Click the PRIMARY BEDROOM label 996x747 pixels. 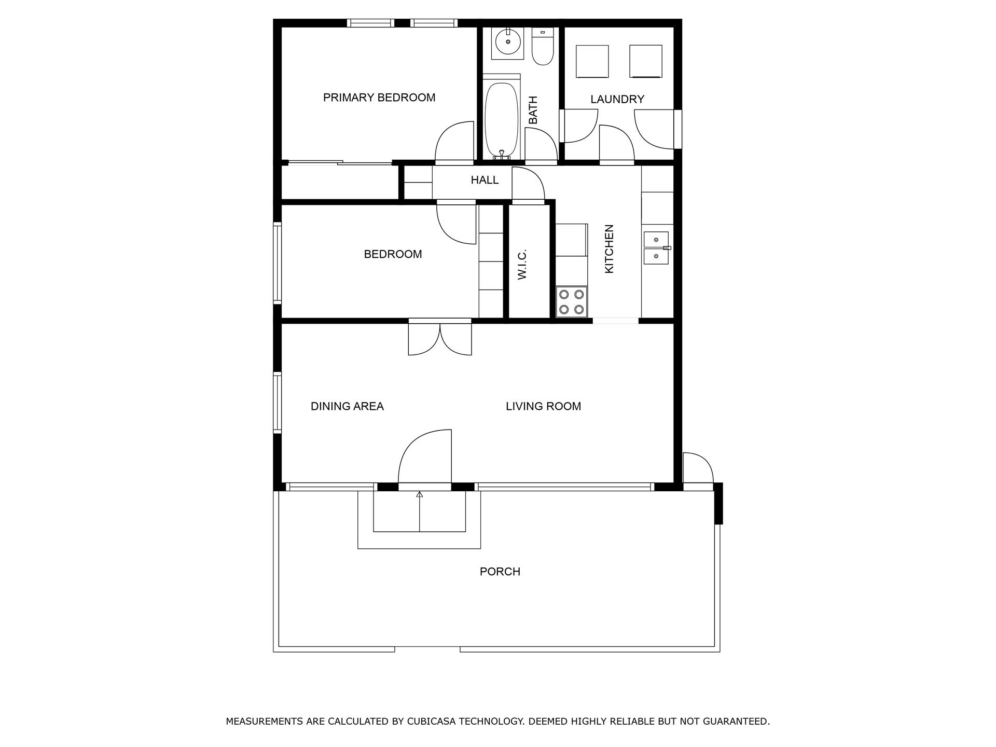[379, 98]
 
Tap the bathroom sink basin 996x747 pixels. [507, 41]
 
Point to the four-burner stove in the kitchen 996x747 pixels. [571, 302]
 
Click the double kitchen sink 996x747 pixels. [656, 248]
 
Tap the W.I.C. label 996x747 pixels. [522, 264]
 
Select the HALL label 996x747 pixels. [485, 180]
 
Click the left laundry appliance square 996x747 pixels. [592, 61]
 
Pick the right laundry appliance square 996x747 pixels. [646, 61]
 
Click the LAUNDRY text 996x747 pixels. [617, 99]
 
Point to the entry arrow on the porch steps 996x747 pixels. [419, 495]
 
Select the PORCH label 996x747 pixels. [500, 572]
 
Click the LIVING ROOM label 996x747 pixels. [543, 406]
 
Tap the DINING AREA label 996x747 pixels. [347, 406]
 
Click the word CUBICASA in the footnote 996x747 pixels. [436, 721]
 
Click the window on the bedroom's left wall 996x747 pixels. [278, 262]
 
